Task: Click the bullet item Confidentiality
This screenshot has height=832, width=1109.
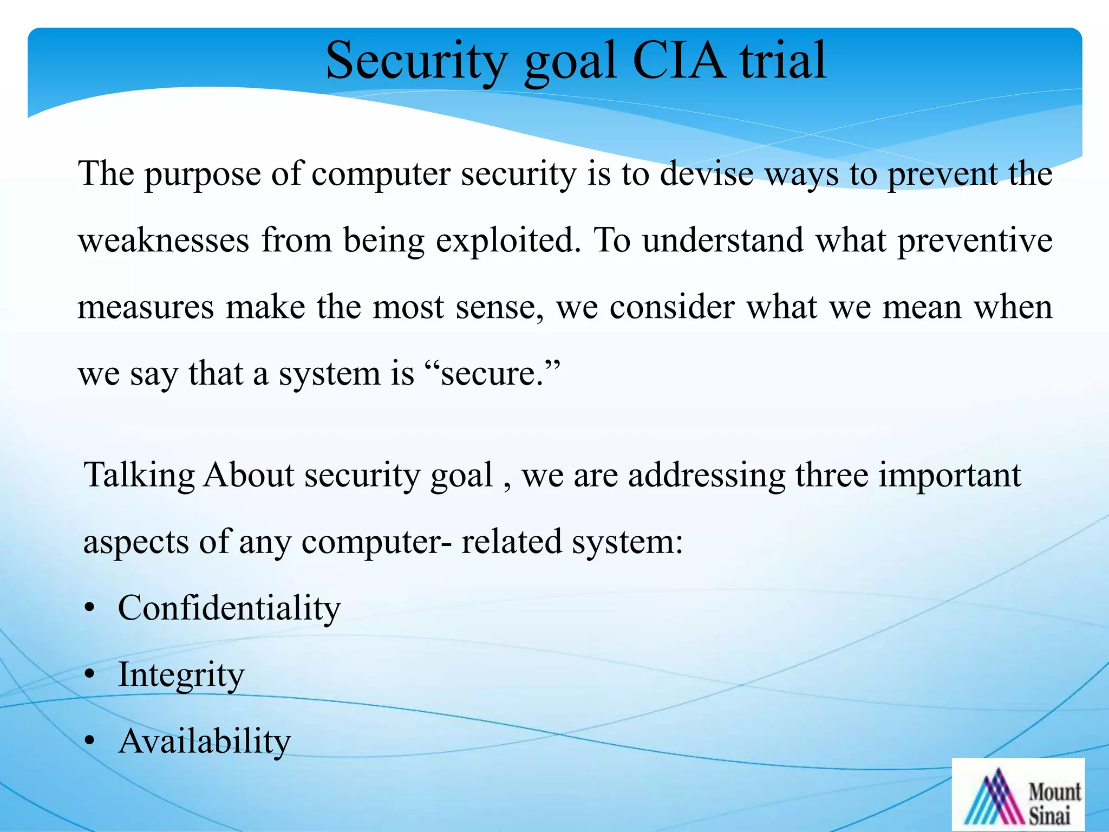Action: tap(229, 608)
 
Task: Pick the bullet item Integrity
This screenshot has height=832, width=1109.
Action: tap(181, 675)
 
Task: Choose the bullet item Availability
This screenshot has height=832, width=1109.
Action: tap(205, 741)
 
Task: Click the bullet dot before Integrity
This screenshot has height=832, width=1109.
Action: tap(90, 675)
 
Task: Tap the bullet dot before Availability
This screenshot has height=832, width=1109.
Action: tap(90, 741)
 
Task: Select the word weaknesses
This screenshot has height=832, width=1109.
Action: tap(164, 240)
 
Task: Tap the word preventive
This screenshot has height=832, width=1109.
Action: tap(975, 240)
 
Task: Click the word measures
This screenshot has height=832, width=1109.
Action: tap(146, 308)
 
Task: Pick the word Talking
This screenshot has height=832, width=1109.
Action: tap(139, 476)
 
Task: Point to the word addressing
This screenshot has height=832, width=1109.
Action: tap(707, 476)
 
